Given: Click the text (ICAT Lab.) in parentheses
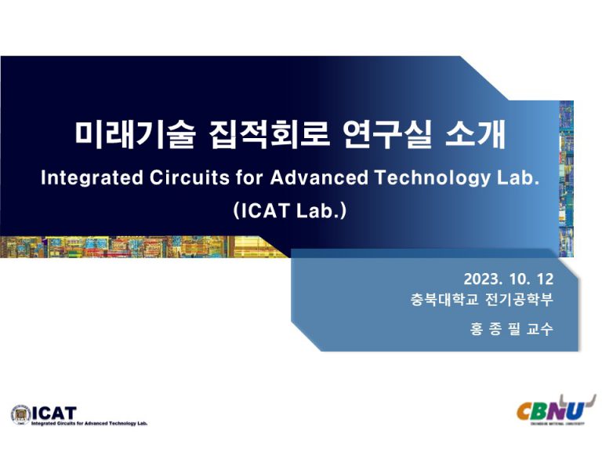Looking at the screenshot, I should pos(289,211).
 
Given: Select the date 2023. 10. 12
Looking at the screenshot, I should pos(509,279).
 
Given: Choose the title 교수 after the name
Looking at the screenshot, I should pos(542,329).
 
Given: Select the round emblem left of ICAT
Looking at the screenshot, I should pos(19,414).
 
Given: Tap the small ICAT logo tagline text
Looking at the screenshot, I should pos(89,424).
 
